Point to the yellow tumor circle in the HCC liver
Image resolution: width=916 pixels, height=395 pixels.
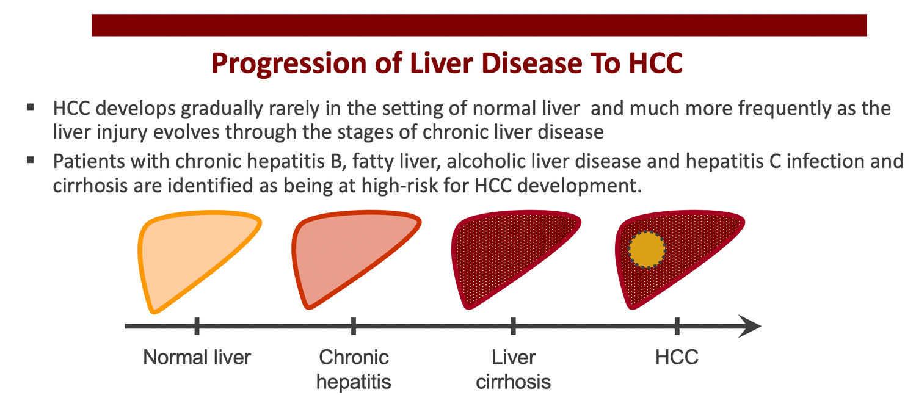[x=647, y=250]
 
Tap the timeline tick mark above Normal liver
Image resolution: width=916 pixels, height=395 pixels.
[x=197, y=326]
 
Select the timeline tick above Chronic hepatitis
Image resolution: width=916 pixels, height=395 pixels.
[x=354, y=326]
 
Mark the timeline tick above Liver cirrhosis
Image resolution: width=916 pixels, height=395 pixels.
[x=513, y=326]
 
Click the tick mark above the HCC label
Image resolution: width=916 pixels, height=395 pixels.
[x=677, y=326]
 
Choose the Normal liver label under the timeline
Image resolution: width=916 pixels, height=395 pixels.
[x=197, y=357]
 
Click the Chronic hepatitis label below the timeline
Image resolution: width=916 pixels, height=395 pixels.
[x=354, y=369]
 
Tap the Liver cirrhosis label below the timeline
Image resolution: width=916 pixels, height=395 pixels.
[x=513, y=369]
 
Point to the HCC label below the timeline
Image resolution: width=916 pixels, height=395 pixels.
[x=677, y=357]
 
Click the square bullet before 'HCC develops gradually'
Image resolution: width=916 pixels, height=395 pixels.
[x=31, y=107]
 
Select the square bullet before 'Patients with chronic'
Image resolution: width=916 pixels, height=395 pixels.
[x=31, y=160]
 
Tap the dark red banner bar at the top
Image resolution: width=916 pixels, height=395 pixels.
[x=479, y=26]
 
